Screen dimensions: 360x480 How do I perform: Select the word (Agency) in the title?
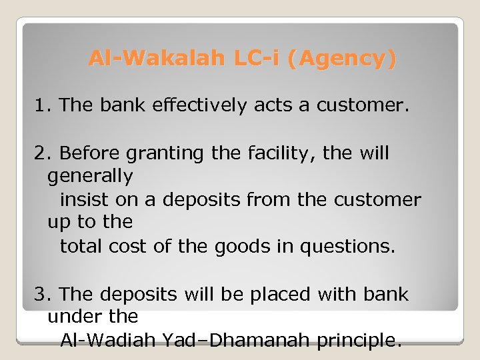(x=341, y=59)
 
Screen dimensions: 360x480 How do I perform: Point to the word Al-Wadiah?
(x=107, y=341)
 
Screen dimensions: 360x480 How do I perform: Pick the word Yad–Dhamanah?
(x=235, y=341)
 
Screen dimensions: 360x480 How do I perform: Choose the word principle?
(x=359, y=341)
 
